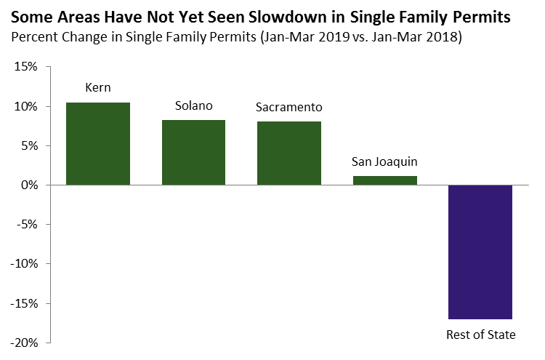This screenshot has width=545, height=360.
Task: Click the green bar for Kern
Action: point(98,144)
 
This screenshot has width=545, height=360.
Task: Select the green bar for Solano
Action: point(193,153)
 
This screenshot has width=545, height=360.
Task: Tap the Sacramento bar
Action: point(289,153)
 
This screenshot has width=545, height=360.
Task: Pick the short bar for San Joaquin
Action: point(384,180)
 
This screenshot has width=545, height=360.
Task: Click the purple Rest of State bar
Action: point(480,252)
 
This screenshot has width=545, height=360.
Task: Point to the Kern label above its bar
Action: point(98,89)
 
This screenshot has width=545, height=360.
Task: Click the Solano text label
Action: point(193,106)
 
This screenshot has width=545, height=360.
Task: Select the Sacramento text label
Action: point(289,108)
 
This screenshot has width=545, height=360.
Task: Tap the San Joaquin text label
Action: point(384,161)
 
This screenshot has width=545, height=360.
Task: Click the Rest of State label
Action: point(480,335)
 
